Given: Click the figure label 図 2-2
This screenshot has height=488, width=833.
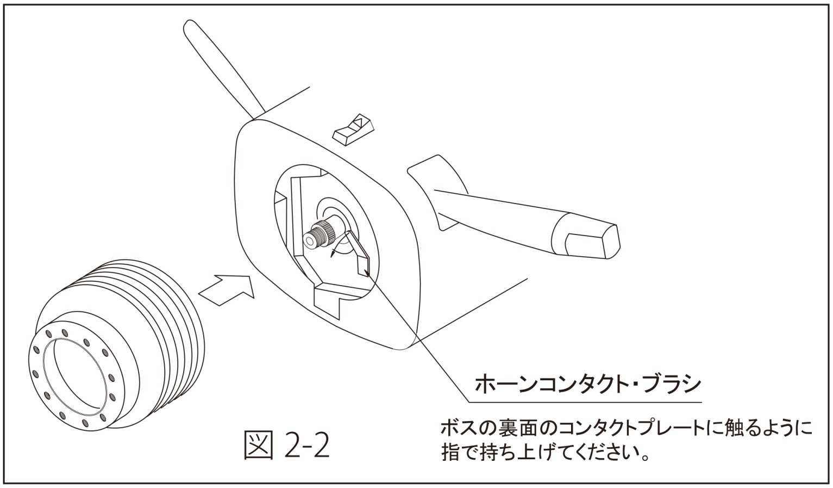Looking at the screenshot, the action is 287,445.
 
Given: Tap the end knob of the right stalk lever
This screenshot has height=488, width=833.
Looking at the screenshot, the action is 586,236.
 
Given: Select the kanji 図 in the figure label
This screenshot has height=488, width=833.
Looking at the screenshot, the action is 259,445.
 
